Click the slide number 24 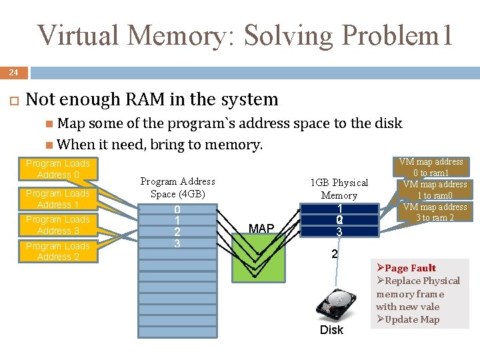13,72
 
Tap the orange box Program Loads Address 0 58,169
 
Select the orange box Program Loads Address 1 58,199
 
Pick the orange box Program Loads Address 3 58,225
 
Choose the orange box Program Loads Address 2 58,251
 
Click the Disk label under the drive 331,330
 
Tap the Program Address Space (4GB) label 177,187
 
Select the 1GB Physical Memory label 339,189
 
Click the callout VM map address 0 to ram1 431,167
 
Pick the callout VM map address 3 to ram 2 431,212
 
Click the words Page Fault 410,268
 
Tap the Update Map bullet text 412,319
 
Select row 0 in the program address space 177,209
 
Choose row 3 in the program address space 177,243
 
